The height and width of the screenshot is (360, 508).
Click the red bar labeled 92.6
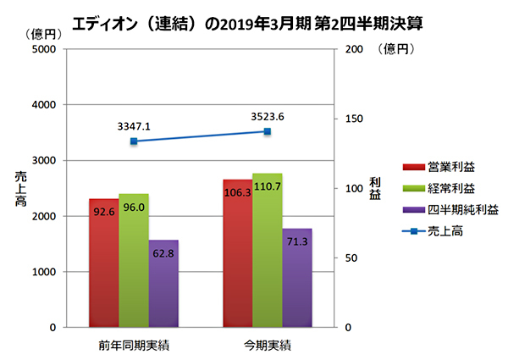point(103,263)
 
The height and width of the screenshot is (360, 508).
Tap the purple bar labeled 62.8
point(163,283)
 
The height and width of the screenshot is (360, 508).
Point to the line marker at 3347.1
point(134,141)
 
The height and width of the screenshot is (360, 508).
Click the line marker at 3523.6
point(268,131)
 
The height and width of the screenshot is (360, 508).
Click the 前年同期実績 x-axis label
point(133,346)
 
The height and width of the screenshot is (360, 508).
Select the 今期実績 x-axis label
point(268,346)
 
